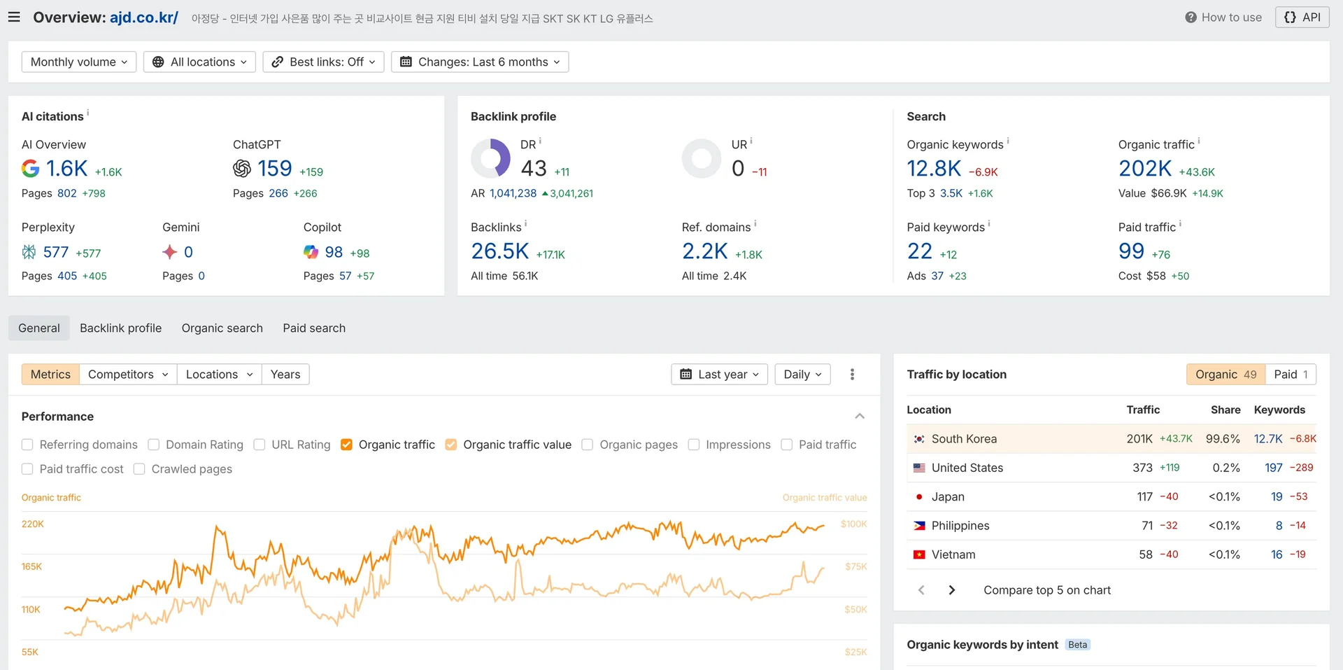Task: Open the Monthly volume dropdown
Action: click(x=78, y=62)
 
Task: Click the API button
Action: click(x=1302, y=18)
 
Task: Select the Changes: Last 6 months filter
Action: click(x=480, y=62)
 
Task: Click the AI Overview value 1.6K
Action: click(x=66, y=169)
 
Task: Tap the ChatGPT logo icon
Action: click(x=242, y=169)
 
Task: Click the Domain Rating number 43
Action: click(x=534, y=169)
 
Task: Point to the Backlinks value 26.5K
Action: click(x=499, y=251)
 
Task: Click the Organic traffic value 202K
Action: click(x=1144, y=169)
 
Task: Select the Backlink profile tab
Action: click(x=120, y=328)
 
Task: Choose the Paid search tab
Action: click(x=314, y=328)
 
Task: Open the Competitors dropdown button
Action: click(x=128, y=375)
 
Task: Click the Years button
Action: click(x=285, y=375)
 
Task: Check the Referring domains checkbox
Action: click(x=27, y=445)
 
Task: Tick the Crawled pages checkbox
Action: click(x=139, y=469)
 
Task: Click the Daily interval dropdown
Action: click(x=802, y=375)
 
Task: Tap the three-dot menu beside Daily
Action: click(x=852, y=375)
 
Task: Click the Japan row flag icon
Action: click(x=919, y=497)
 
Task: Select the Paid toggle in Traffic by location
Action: click(x=1291, y=375)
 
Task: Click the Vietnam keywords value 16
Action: click(x=1277, y=554)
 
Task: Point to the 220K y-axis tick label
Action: click(x=33, y=524)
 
